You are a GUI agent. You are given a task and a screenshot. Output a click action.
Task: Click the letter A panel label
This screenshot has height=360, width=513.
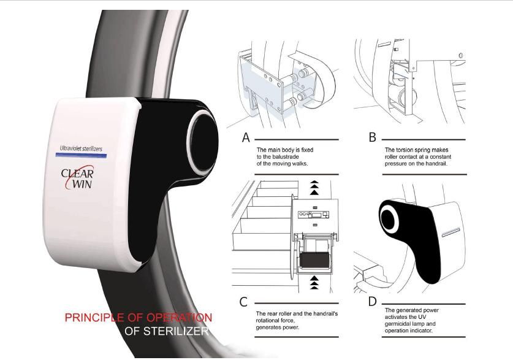[x=246, y=138]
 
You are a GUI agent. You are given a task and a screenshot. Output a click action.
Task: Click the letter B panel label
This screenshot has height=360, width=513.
[x=372, y=137]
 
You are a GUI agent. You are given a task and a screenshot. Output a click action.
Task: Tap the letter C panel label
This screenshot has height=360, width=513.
[x=243, y=302]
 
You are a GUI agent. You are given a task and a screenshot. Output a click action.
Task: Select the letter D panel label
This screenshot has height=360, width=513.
[x=372, y=301]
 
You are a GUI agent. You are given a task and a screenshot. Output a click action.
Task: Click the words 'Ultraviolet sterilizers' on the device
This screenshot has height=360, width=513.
[x=81, y=148]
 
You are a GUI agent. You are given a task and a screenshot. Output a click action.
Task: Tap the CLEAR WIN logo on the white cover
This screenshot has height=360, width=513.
[x=78, y=178]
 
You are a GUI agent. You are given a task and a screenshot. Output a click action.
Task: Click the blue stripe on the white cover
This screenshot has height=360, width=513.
[x=81, y=155]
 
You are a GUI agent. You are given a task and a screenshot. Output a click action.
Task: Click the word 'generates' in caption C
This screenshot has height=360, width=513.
[x=268, y=327]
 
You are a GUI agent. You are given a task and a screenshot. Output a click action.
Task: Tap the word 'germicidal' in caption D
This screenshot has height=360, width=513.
[x=398, y=324]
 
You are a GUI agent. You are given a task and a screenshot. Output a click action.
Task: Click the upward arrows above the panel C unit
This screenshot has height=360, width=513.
[x=314, y=188]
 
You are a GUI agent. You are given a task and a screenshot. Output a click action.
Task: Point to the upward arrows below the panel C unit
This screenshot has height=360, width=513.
[x=314, y=283]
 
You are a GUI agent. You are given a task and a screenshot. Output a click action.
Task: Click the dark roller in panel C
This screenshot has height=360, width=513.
[x=314, y=260]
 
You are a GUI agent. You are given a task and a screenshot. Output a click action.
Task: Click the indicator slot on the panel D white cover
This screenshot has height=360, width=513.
[x=451, y=232]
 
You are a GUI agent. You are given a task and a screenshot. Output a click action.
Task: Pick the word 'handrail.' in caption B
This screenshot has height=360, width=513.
[x=436, y=164]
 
